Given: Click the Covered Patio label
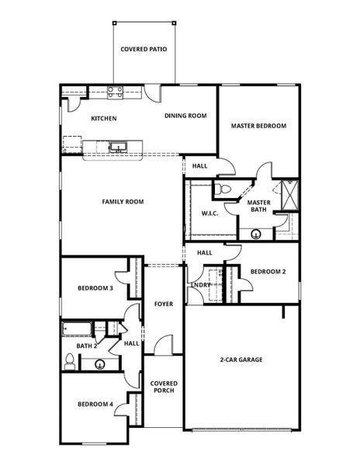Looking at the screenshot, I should coord(144,49).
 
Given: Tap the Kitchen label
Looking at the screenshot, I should coord(104,118).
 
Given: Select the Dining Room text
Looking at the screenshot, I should coord(185,116).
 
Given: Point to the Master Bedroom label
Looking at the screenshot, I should coord(258,126).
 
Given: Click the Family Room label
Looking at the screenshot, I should coord(123,202).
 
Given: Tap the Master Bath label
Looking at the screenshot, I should coord(258,206).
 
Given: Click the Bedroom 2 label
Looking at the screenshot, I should coord(268,272).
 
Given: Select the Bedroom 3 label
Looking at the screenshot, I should coord(95,288).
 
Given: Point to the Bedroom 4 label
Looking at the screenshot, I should coord(95,404).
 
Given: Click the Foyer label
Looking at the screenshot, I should coord(163,304).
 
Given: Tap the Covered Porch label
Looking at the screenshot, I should coord(164,387).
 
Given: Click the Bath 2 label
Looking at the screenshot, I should coord(86,346).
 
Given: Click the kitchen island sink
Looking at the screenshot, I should coord(118,145).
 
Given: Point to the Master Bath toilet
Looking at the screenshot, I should coord(223,189).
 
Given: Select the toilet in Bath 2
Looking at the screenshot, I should coord(70,360).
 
